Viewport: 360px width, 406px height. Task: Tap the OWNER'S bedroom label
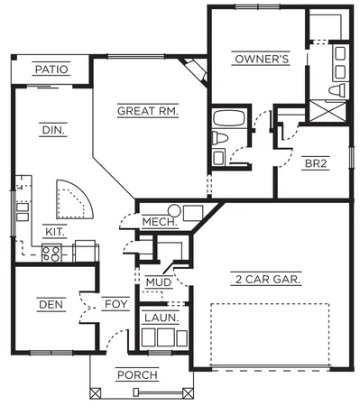tap(261, 60)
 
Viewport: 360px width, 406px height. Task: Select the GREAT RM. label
tap(147, 112)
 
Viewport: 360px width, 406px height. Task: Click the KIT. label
tap(55, 231)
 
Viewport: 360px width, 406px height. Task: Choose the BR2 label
tap(315, 164)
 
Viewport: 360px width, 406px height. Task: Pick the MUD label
tap(159, 282)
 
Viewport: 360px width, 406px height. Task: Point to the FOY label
tap(115, 305)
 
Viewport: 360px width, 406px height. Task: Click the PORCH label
tap(137, 374)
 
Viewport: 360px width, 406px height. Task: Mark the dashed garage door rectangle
tap(269, 335)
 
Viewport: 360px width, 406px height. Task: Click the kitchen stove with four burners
tap(53, 254)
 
